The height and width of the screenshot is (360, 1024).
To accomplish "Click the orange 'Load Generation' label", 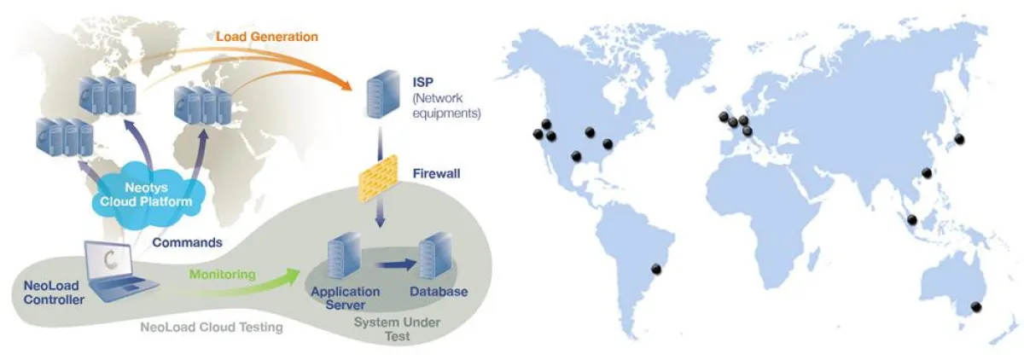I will coord(266,37).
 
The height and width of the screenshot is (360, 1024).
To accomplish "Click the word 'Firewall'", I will coord(437,173).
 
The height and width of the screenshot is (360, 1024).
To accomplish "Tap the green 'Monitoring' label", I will coord(222,275).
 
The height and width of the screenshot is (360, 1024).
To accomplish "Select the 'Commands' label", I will coord(187,242).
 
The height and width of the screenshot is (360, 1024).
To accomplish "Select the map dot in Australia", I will coord(977,307).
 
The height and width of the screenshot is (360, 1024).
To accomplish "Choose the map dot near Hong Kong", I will coord(927,173).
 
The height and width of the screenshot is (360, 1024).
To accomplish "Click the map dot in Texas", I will coord(577,156).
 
